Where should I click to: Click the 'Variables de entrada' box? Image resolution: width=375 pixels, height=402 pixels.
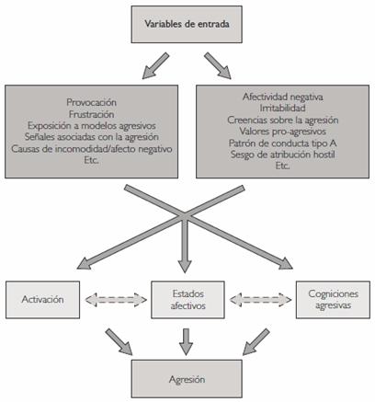tap(187, 24)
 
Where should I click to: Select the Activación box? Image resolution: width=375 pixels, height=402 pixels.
tap(42, 300)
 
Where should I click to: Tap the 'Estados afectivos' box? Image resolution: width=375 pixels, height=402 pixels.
tap(187, 300)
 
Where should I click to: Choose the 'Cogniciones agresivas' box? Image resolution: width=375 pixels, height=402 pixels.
tap(333, 300)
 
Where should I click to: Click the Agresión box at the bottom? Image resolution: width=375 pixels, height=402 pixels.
tap(187, 379)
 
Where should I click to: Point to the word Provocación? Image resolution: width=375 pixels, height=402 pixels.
tap(91, 102)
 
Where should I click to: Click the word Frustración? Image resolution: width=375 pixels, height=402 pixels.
tap(91, 114)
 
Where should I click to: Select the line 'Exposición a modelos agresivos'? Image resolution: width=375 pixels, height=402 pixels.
tap(92, 126)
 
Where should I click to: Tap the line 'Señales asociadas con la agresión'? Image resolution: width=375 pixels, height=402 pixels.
tap(92, 137)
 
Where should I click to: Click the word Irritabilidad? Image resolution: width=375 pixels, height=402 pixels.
tap(282, 109)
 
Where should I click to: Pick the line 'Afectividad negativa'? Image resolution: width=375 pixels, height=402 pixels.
tap(282, 97)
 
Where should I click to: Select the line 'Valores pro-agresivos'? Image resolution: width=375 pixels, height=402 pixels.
tap(282, 132)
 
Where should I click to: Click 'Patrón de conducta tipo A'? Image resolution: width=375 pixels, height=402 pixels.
tap(282, 143)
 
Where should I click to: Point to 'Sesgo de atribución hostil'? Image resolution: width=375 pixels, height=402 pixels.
tap(282, 155)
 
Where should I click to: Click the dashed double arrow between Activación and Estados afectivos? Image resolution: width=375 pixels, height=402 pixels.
tap(116, 300)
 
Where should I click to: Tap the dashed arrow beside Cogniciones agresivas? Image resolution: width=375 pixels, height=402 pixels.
tap(260, 300)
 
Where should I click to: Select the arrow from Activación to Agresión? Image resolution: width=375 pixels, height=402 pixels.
tap(119, 342)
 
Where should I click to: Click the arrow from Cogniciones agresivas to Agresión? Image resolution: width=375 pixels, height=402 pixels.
tap(256, 342)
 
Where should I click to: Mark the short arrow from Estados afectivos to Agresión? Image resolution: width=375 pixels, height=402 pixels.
tap(186, 342)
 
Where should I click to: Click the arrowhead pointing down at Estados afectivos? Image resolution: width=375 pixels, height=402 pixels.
tap(185, 266)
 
